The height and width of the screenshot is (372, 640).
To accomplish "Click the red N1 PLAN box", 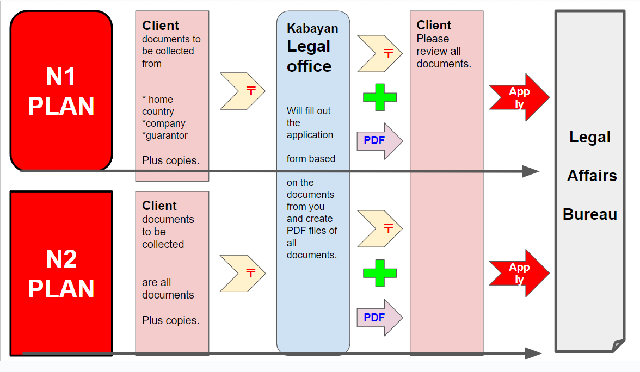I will pos(61,91).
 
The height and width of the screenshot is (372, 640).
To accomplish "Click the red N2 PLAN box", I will pos(61,274).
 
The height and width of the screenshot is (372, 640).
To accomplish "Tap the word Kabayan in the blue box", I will pos(312,28).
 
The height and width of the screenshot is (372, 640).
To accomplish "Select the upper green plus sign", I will pos(380,97).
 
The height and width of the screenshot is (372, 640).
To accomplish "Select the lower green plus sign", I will pos(380,273).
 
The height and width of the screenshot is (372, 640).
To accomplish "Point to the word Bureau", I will pos(590,214).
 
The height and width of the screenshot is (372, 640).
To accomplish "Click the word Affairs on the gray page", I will pos(592,176).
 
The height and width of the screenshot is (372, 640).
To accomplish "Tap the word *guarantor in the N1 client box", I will pos(165,135).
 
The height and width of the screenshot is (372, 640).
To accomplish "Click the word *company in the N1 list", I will pos(164,123).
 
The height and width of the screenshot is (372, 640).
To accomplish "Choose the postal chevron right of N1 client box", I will pos(243,91).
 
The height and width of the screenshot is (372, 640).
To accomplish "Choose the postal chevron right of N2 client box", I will pos(243,272).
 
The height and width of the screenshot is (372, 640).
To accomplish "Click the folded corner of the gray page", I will pos(618,345).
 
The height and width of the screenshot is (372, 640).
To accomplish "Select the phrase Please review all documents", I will pos(443,51).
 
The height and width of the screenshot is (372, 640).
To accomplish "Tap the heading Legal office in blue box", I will pos(309,57).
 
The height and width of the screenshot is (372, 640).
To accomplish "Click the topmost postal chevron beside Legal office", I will pos(380,53).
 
